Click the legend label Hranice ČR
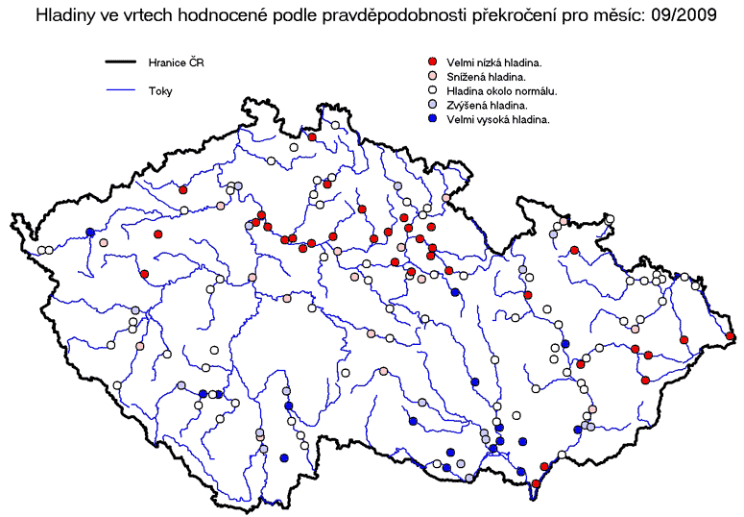point(176,62)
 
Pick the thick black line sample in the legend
point(121,62)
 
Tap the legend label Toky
point(160,91)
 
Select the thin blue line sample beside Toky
point(121,90)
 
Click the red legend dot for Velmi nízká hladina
point(432,62)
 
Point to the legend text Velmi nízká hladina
point(494,62)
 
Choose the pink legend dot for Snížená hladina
point(432,76)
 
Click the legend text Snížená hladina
point(487,77)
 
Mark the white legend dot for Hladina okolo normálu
point(432,90)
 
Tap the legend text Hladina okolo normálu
point(501,91)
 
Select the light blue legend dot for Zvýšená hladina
point(432,105)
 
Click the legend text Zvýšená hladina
point(487,106)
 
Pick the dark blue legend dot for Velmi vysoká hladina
point(432,119)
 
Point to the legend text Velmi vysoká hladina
point(497,120)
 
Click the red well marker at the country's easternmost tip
point(731,336)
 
